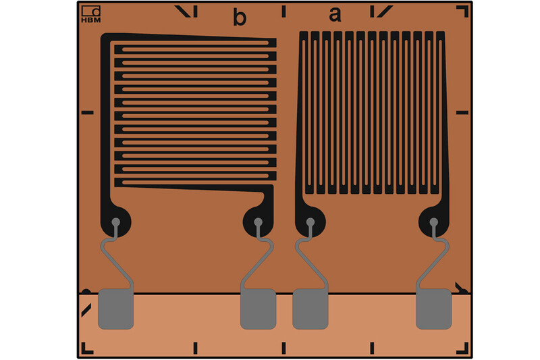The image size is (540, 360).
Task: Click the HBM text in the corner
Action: [x=91, y=20]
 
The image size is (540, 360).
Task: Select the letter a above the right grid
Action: [x=335, y=15]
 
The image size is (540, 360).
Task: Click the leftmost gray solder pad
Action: [x=115, y=309]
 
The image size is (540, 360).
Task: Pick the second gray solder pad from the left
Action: [x=259, y=309]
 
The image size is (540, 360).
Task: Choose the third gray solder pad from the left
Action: [x=310, y=309]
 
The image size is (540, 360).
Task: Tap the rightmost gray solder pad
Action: [x=433, y=309]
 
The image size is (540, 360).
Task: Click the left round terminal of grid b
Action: [x=115, y=222]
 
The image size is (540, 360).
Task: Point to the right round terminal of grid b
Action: [x=258, y=222]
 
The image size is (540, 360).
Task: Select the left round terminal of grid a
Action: [x=310, y=222]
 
